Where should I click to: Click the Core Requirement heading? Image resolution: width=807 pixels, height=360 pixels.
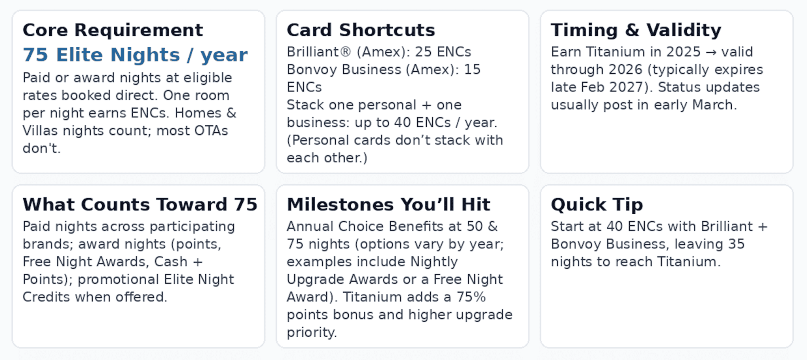tap(113, 30)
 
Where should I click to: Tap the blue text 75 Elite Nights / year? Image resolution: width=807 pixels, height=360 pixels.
tap(135, 55)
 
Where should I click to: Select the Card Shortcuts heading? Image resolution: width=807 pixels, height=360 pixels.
tap(361, 30)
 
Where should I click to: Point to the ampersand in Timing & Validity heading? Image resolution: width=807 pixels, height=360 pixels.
tap(632, 30)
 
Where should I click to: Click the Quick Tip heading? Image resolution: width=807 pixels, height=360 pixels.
tap(597, 205)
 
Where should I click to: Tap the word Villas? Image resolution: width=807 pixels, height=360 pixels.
tap(41, 131)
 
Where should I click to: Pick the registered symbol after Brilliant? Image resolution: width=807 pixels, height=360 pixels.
tap(345, 52)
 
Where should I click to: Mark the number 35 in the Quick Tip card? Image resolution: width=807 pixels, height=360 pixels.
tap(736, 244)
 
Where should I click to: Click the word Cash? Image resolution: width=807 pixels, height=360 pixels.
tap(171, 262)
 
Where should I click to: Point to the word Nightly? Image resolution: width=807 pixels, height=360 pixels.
tap(434, 262)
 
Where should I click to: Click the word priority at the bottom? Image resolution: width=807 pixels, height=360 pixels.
tap(311, 332)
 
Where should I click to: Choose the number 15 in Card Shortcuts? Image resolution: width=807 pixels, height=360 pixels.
tap(472, 70)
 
